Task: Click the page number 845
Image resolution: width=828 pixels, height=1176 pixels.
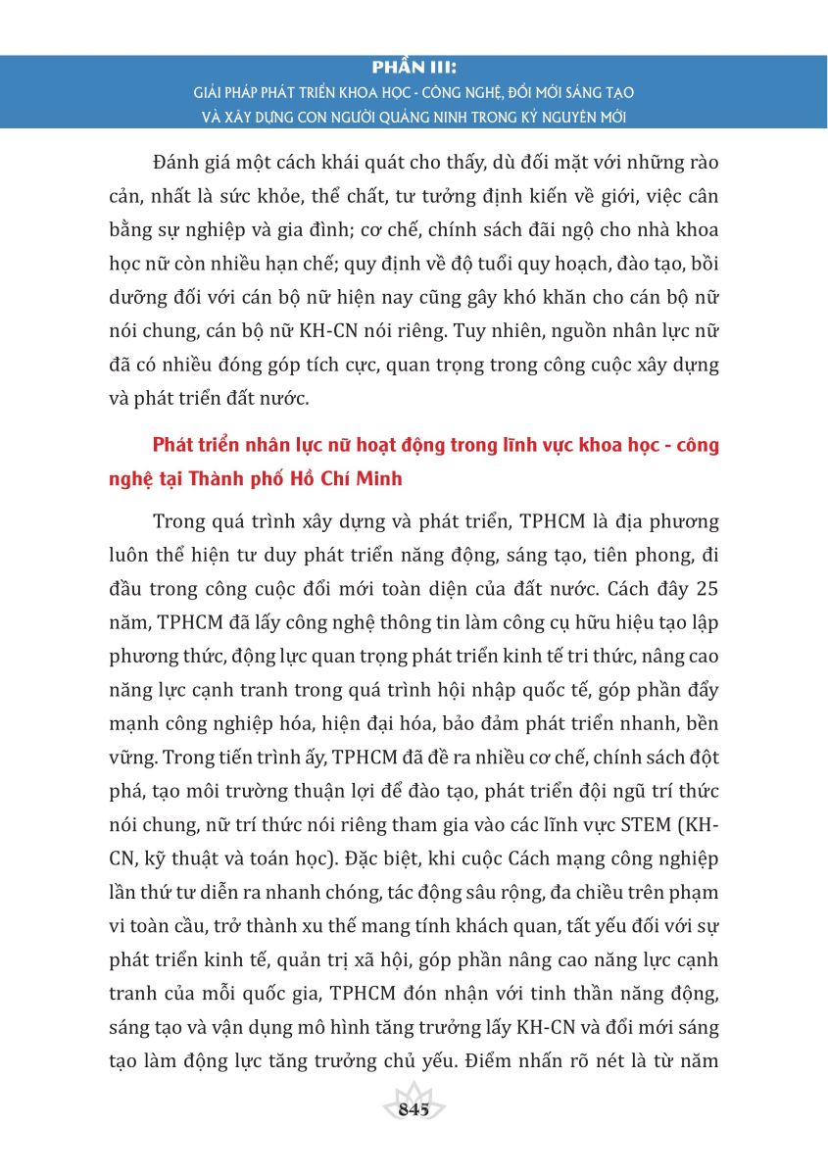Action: [414, 1109]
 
